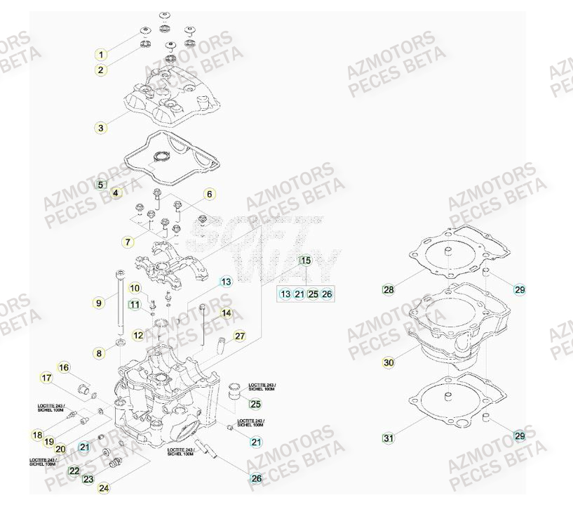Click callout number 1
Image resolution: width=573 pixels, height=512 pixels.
pyautogui.click(x=101, y=55)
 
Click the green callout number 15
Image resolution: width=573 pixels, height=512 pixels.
pyautogui.click(x=305, y=261)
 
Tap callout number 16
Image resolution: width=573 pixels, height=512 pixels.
pyautogui.click(x=63, y=367)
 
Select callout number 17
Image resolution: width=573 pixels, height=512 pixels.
pyautogui.click(x=47, y=379)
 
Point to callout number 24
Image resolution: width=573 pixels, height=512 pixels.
pyautogui.click(x=104, y=487)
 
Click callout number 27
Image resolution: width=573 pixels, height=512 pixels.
pyautogui.click(x=239, y=336)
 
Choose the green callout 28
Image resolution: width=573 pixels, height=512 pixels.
pyautogui.click(x=388, y=289)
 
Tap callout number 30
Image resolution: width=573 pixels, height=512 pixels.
pyautogui.click(x=389, y=363)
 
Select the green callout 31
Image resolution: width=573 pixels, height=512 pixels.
pyautogui.click(x=388, y=438)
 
